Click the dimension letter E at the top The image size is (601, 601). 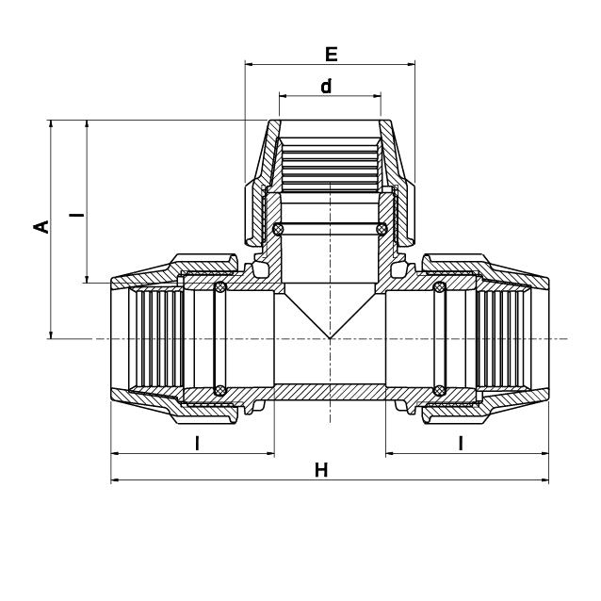point(331,54)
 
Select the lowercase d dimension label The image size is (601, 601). point(326,87)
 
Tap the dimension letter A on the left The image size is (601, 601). point(41,227)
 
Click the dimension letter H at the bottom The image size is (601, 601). point(321,470)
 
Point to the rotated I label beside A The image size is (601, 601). point(77,215)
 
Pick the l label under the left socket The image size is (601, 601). point(197,444)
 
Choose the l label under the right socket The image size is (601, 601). point(461,444)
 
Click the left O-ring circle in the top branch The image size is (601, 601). point(278,229)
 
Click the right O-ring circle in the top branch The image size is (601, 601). point(382,229)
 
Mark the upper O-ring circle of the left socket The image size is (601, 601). point(220,287)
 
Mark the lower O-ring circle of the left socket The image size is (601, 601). point(220,390)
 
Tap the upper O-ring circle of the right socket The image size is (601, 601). point(439,287)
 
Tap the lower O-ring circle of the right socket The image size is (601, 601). point(439,390)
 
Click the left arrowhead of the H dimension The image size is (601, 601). point(115,480)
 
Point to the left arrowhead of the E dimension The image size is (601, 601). point(249,65)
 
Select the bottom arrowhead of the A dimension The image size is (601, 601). point(50,334)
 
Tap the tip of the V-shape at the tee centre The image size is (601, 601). point(330,338)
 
